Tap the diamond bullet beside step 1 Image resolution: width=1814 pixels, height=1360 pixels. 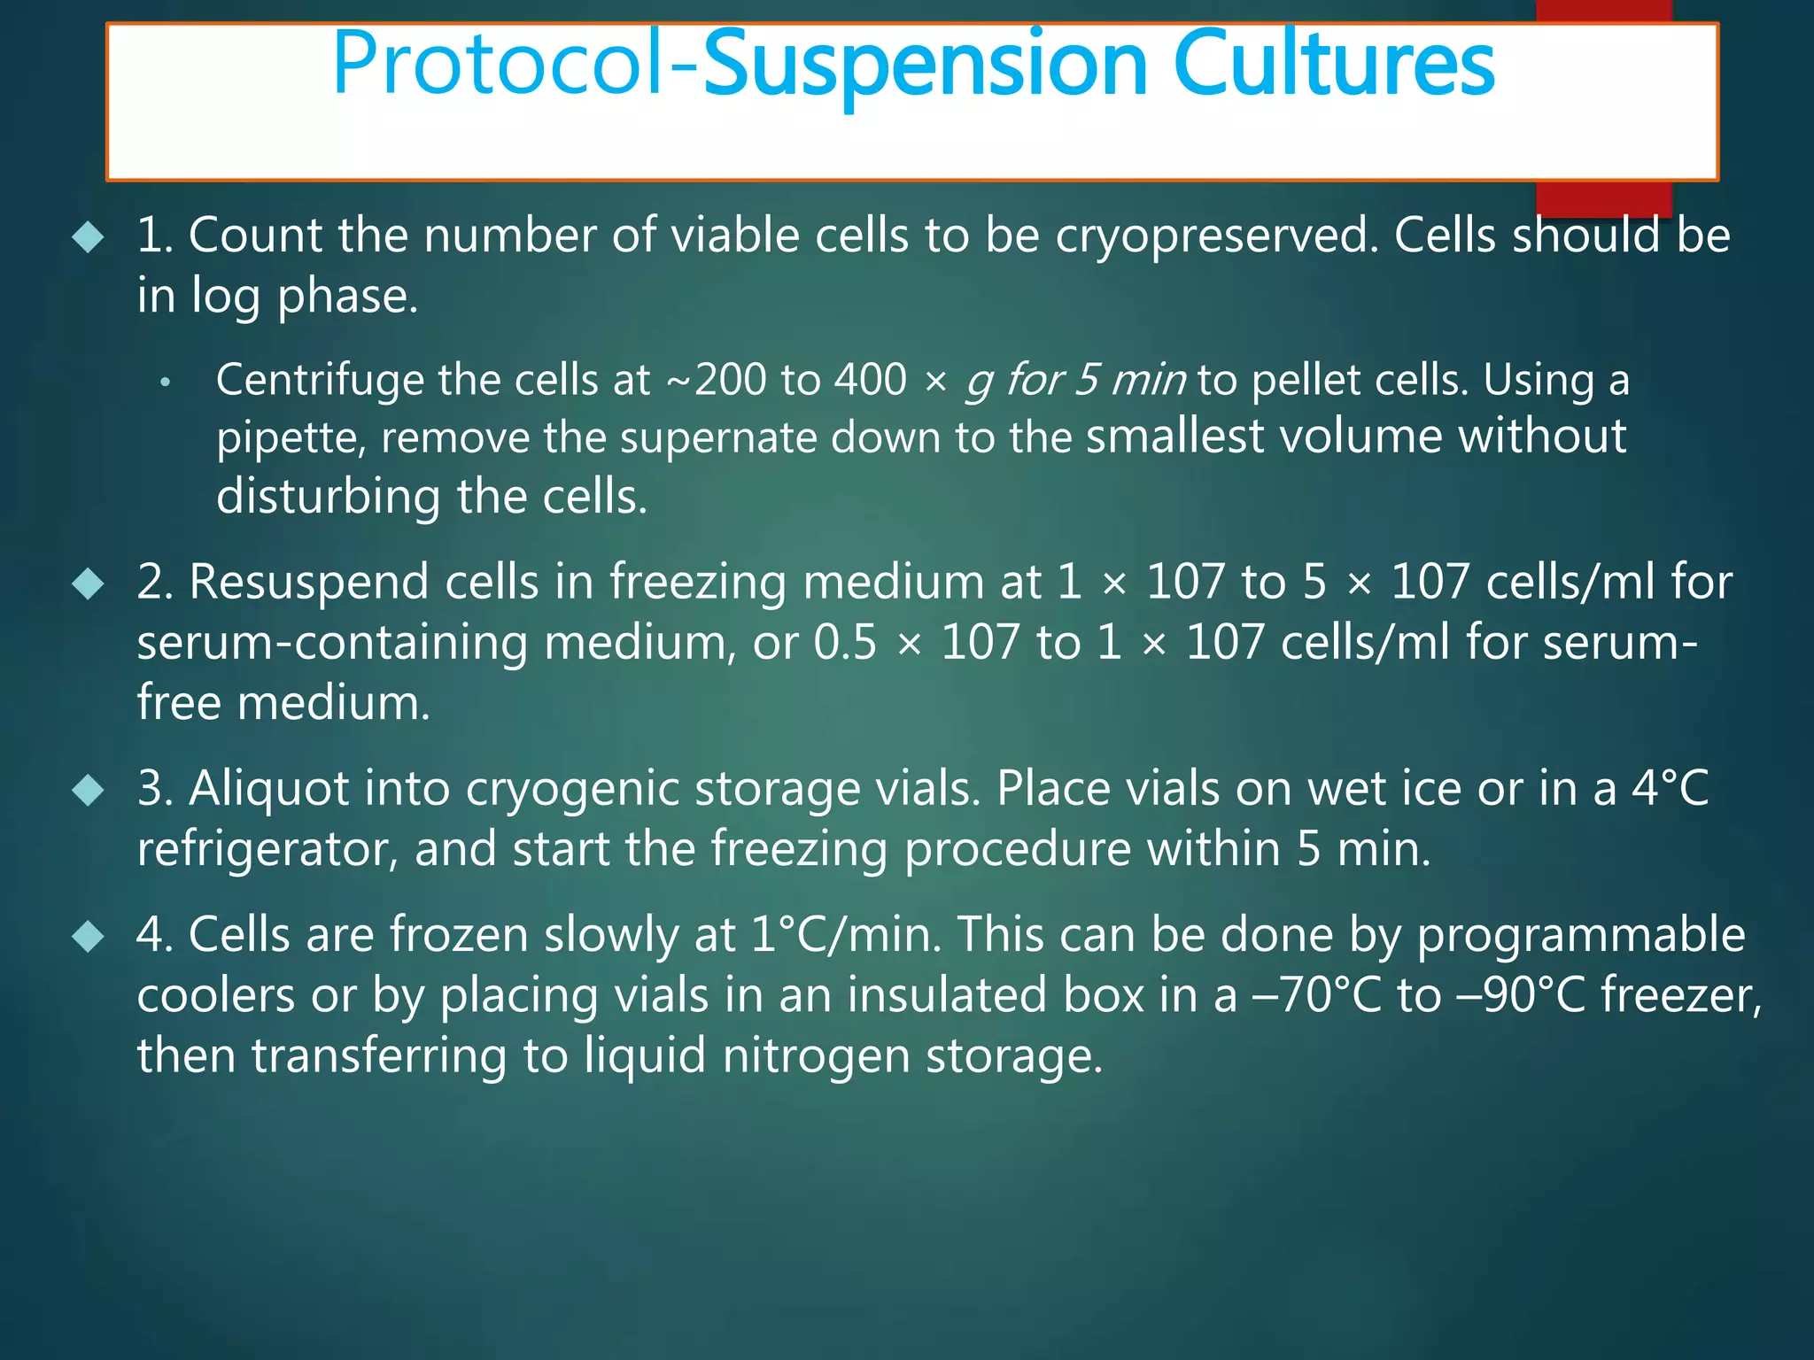89,237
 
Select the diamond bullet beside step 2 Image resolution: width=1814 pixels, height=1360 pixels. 89,584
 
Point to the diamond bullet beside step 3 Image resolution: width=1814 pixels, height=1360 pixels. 89,790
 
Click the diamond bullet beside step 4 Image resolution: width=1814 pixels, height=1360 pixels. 89,936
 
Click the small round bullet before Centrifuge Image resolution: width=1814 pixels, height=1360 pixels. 165,382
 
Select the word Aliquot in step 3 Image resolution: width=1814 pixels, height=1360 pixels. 269,789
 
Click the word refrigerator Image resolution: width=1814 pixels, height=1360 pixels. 267,850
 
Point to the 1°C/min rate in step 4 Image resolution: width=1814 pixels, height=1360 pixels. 846,935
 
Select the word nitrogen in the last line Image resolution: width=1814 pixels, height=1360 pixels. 816,1056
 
